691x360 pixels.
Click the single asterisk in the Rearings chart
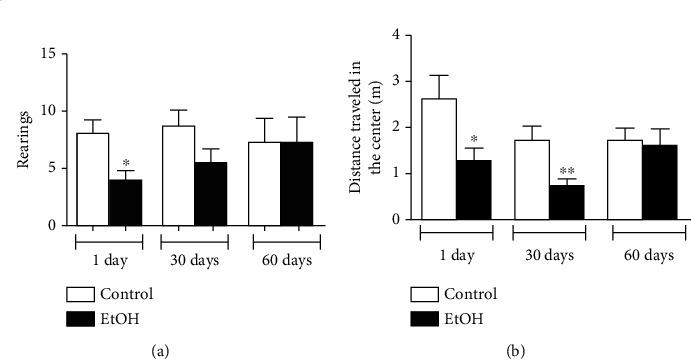[x=126, y=163]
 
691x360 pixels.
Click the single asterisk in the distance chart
[x=472, y=141]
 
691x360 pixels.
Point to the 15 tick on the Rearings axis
[x=47, y=53]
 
